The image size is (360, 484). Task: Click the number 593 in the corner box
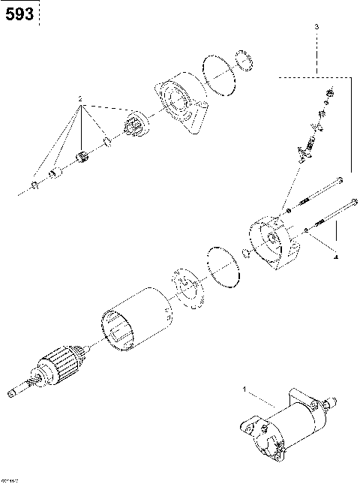tap(19, 14)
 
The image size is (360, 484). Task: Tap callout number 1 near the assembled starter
tap(244, 389)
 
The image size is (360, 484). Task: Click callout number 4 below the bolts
tap(335, 257)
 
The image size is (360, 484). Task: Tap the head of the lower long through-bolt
tap(350, 202)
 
